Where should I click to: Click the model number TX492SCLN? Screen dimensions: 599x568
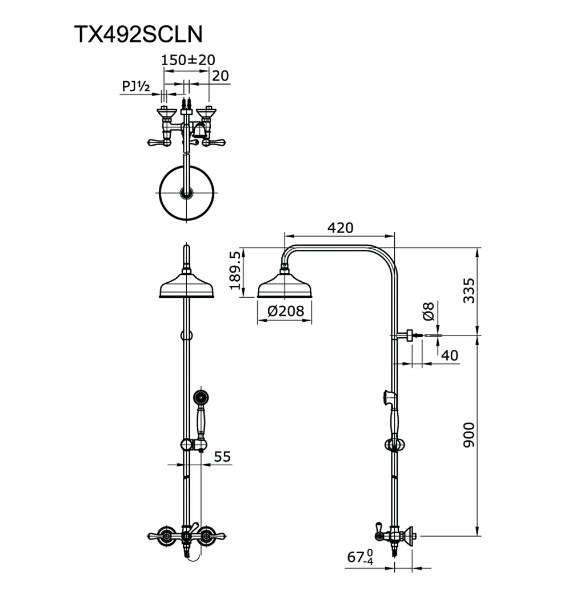click(138, 34)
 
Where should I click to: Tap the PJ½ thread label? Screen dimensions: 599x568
click(135, 86)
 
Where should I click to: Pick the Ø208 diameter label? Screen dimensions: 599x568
click(286, 312)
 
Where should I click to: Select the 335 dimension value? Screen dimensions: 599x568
click(470, 290)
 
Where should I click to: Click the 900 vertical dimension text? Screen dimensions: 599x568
click(470, 436)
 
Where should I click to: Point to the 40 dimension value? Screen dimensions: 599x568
click(450, 355)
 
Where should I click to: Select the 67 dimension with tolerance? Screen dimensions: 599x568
click(360, 557)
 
